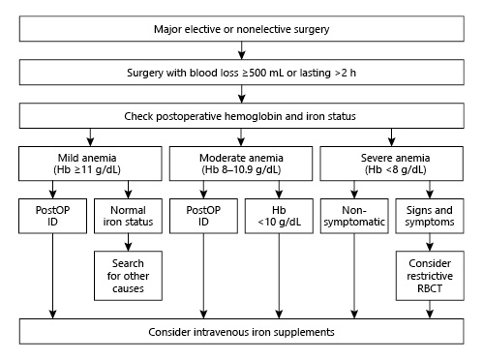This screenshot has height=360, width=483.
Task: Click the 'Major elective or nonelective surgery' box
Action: (x=241, y=29)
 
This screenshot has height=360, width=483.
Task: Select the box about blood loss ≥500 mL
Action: (x=241, y=72)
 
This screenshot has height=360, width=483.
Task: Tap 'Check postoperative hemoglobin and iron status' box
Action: (x=241, y=115)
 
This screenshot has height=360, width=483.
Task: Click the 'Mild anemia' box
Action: (x=90, y=159)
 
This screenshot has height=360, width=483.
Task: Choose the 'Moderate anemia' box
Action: (x=241, y=159)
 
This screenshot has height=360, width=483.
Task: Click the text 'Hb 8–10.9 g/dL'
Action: (x=241, y=166)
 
